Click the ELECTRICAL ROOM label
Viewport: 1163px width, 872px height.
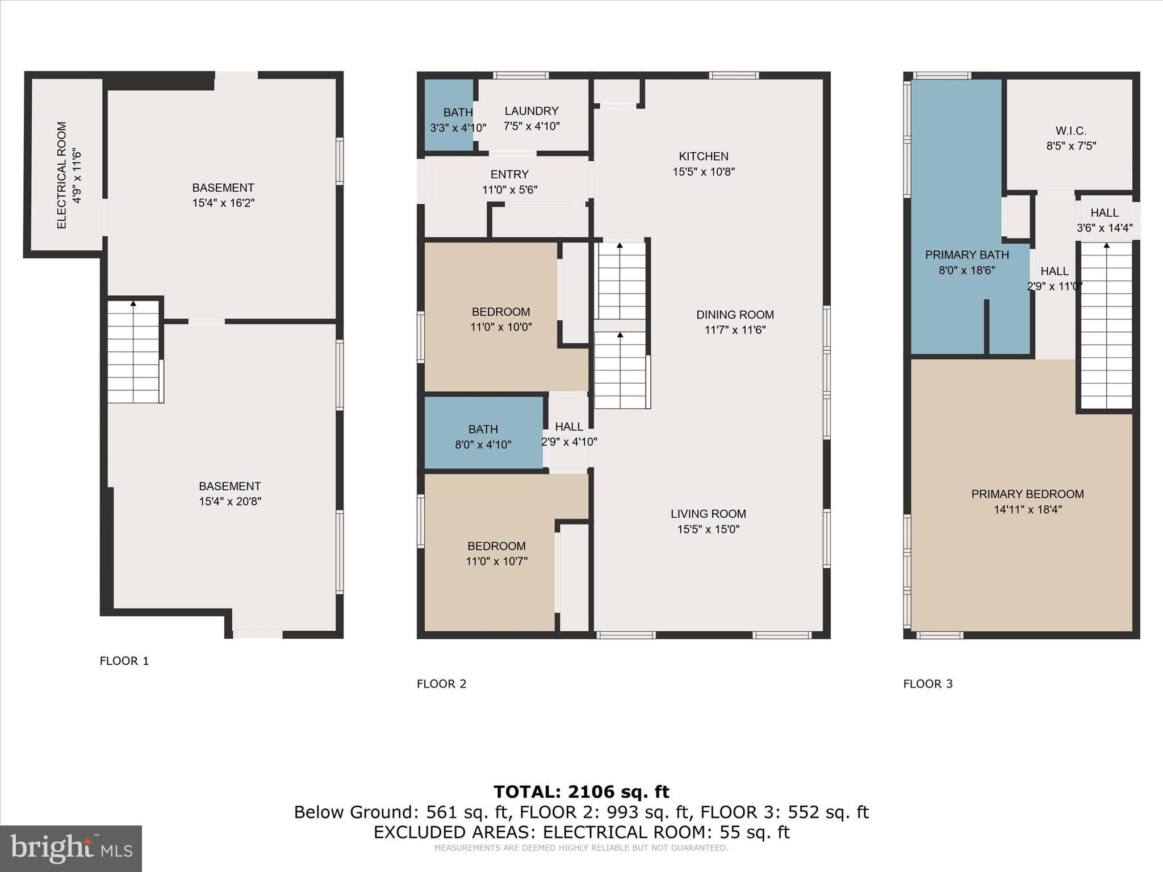[x=62, y=175]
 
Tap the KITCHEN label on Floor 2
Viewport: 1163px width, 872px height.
[x=703, y=156]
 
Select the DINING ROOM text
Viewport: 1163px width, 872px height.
[x=735, y=315]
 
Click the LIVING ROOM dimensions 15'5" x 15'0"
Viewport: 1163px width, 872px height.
[x=708, y=529]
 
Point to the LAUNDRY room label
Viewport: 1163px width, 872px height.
[x=532, y=111]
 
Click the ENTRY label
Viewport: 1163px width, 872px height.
[x=509, y=174]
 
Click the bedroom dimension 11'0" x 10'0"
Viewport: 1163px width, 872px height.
[x=501, y=327]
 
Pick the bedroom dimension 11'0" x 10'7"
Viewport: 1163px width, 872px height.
[x=496, y=561]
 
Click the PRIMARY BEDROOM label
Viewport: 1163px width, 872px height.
[x=1027, y=494]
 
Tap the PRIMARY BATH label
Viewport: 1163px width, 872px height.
[x=967, y=255]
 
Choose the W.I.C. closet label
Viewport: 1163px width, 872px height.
[x=1070, y=131]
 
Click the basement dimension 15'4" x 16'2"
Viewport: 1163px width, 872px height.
[x=223, y=203]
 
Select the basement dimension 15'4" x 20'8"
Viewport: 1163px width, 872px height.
[x=230, y=501]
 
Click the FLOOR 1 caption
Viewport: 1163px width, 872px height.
[x=124, y=661]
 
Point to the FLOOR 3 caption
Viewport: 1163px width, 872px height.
[x=928, y=684]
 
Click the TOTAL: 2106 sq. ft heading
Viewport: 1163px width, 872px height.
[x=581, y=791]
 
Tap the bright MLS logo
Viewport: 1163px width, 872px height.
[x=71, y=848]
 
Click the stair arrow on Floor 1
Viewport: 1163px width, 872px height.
[x=133, y=304]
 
